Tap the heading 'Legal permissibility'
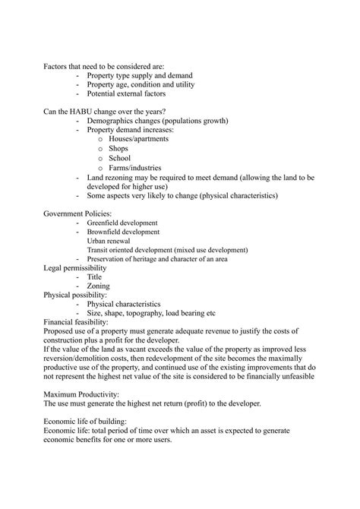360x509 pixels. tap(75, 268)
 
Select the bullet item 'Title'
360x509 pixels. tap(95, 277)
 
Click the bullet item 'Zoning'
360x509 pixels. tap(98, 286)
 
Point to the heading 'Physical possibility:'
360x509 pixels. tap(75, 295)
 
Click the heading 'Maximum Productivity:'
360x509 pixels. tap(81, 394)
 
